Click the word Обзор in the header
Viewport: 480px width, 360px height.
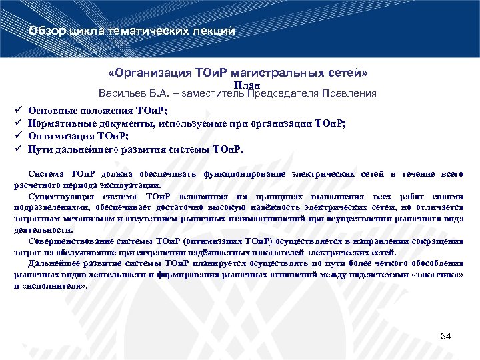pos(48,31)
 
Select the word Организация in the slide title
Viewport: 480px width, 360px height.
pos(157,71)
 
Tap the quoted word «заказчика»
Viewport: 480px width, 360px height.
pos(437,275)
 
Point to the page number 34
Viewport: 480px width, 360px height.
pos(446,337)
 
